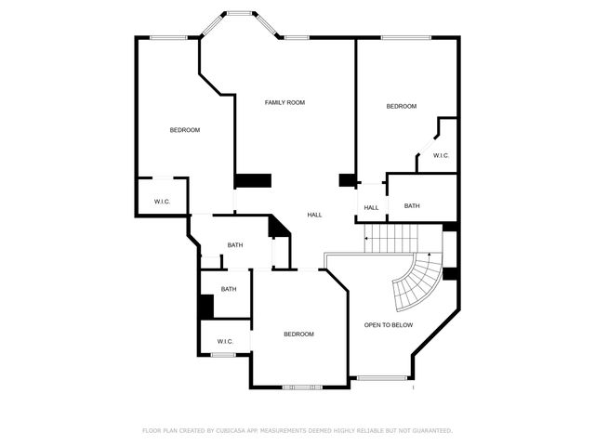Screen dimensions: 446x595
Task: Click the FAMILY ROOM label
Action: [x=284, y=102]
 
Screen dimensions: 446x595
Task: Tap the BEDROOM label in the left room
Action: [x=184, y=130]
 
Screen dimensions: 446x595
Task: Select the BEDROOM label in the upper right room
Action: [x=402, y=107]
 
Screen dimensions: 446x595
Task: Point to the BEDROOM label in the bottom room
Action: [x=298, y=334]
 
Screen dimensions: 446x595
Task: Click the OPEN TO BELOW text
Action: [x=389, y=325]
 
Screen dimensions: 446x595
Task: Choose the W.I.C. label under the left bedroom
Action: [x=161, y=201]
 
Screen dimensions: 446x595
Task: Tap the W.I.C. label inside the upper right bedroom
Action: [x=441, y=155]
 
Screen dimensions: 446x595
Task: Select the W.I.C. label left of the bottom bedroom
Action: [x=225, y=342]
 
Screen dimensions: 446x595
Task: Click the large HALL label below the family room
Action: [x=315, y=215]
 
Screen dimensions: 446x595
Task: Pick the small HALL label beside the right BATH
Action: [x=371, y=207]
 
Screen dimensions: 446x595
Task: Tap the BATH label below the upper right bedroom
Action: [x=412, y=206]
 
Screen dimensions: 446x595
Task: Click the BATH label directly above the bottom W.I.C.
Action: [x=229, y=289]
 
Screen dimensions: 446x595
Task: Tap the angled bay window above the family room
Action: [x=241, y=14]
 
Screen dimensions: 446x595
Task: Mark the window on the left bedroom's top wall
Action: [x=170, y=37]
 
